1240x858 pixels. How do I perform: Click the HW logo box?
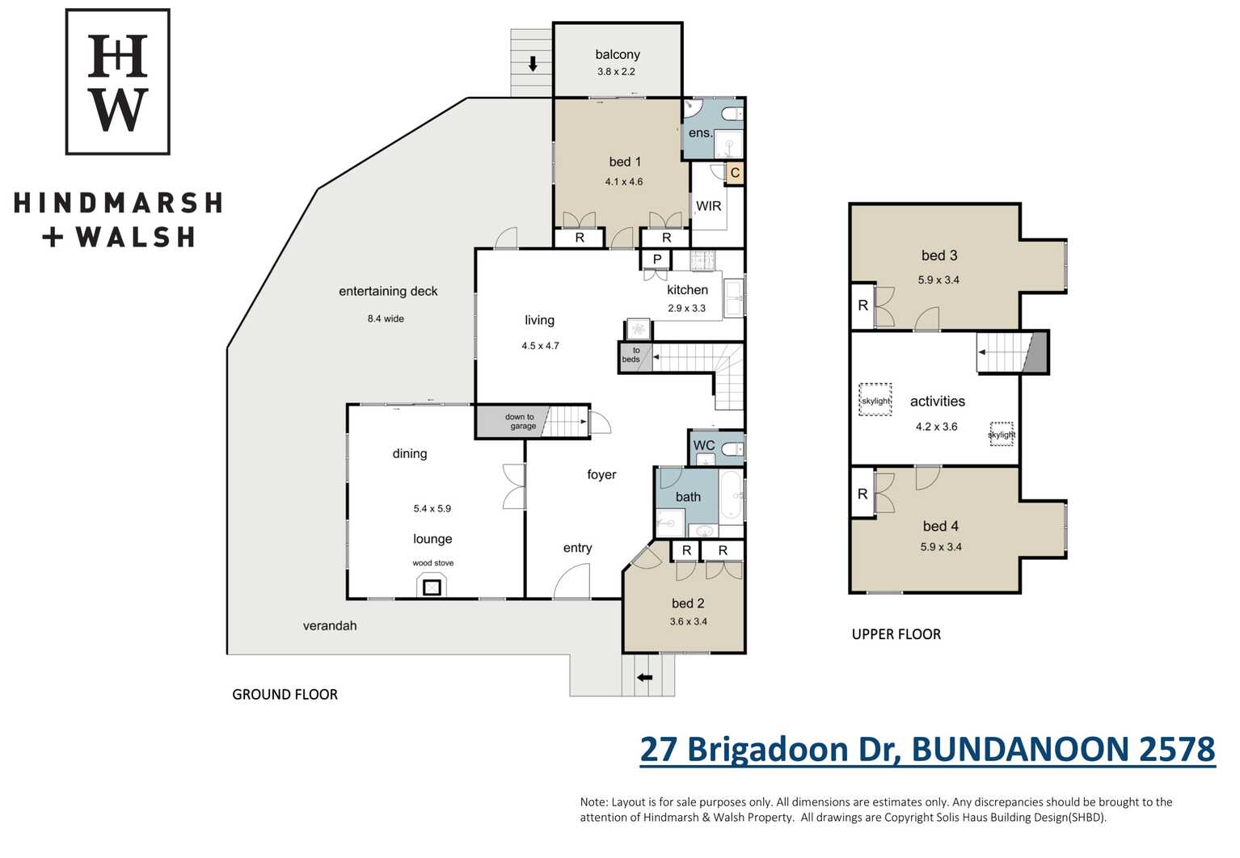118,82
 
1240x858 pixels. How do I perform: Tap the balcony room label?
618,54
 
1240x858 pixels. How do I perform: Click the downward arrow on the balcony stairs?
533,64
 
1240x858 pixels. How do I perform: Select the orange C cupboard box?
735,173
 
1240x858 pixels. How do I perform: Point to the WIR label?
708,206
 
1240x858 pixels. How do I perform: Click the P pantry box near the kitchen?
656,259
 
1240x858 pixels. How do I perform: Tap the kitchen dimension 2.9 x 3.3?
686,308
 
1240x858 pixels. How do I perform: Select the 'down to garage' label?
520,421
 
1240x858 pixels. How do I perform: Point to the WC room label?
703,445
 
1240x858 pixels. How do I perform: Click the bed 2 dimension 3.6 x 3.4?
688,621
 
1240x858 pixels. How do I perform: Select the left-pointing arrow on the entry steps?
644,677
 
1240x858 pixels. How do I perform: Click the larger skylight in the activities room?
875,399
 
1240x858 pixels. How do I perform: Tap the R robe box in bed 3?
863,305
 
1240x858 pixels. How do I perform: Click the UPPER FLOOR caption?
896,634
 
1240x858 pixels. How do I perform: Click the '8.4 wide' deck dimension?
386,318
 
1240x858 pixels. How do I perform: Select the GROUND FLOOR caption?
285,694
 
